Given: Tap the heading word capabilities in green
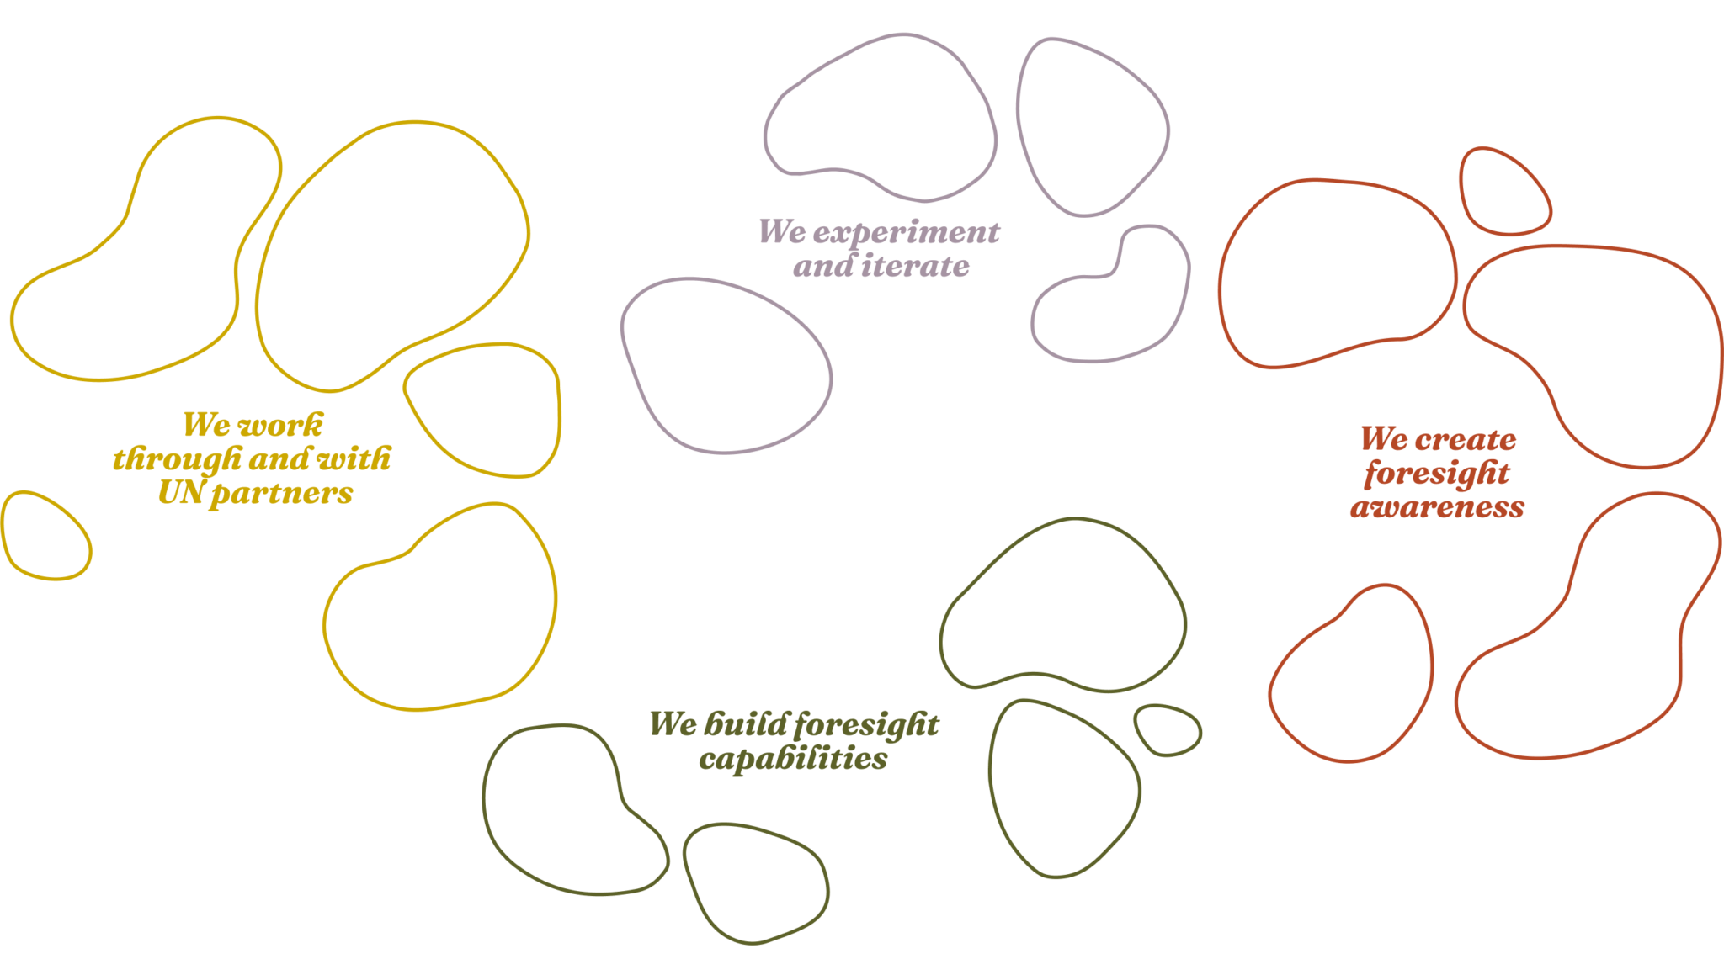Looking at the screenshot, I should click(793, 759).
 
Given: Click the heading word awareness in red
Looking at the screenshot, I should click(1437, 507).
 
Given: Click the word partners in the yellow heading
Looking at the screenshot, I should click(281, 493).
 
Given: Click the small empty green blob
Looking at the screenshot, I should click(1168, 729).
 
